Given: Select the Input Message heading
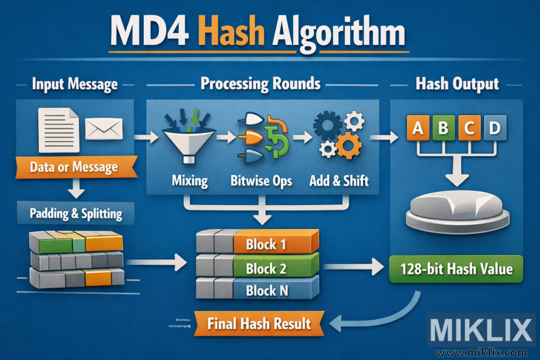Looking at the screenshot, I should [75, 84].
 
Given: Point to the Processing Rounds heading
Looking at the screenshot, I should [260, 84].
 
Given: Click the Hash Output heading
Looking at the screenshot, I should [457, 84].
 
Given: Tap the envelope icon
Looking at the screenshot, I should [104, 128].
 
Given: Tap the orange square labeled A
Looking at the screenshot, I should [417, 129].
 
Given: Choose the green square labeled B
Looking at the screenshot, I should [443, 129].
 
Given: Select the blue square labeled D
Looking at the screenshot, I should [494, 129].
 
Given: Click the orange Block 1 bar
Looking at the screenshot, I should [275, 245].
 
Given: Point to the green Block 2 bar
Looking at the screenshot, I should [275, 268].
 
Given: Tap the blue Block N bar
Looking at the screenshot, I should [275, 290].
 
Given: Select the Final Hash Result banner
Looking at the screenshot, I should [259, 324].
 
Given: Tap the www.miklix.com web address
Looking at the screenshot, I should [482, 353].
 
